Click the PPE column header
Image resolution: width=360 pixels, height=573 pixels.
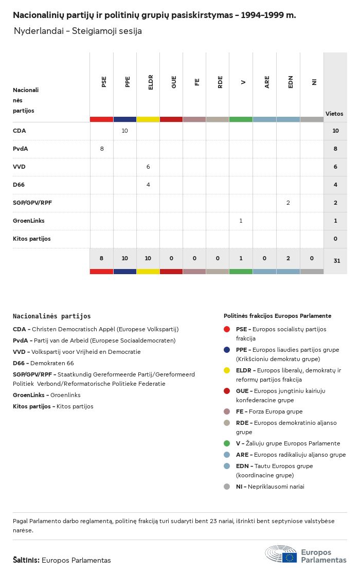coord(128,82)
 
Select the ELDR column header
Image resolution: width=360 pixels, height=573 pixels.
coord(151,82)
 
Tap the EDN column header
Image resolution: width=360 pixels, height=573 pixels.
coord(291,82)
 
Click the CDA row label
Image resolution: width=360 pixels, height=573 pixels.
coord(20,131)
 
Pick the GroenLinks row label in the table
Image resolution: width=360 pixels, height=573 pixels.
coord(29,221)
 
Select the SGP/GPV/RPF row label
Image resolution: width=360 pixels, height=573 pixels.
coord(32,203)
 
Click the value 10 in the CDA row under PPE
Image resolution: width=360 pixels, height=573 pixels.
coord(125,131)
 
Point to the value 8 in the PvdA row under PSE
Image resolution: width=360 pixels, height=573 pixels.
coord(102,149)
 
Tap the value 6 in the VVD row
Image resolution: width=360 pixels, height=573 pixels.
coord(148,167)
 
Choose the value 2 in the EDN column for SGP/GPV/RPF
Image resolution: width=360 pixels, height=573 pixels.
coord(288,203)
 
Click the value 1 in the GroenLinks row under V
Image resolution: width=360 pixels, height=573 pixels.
coord(241,221)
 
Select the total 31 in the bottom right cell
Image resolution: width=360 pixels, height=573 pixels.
coord(336,261)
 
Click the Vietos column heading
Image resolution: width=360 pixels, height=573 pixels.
coord(334,114)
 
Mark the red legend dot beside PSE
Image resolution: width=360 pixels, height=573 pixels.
coord(227,329)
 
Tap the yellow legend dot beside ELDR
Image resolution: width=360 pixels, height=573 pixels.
coord(227,370)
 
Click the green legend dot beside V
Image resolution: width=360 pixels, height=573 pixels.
coord(227,443)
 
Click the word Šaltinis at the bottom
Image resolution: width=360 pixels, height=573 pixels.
coord(26,560)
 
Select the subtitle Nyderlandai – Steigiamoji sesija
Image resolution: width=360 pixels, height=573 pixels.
coord(78,31)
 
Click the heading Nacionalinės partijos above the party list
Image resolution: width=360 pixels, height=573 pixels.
coord(51,316)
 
